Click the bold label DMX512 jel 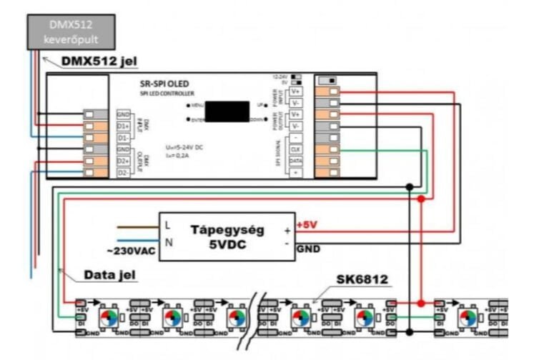pos(94,62)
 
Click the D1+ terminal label pos(123,126)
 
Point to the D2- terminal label pos(123,173)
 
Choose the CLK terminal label pos(295,149)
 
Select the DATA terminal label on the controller pos(295,161)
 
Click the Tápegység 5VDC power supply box pos(226,236)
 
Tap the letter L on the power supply pos(169,225)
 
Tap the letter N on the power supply pos(169,243)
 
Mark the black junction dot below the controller pos(408,187)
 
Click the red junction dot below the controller pos(422,199)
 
